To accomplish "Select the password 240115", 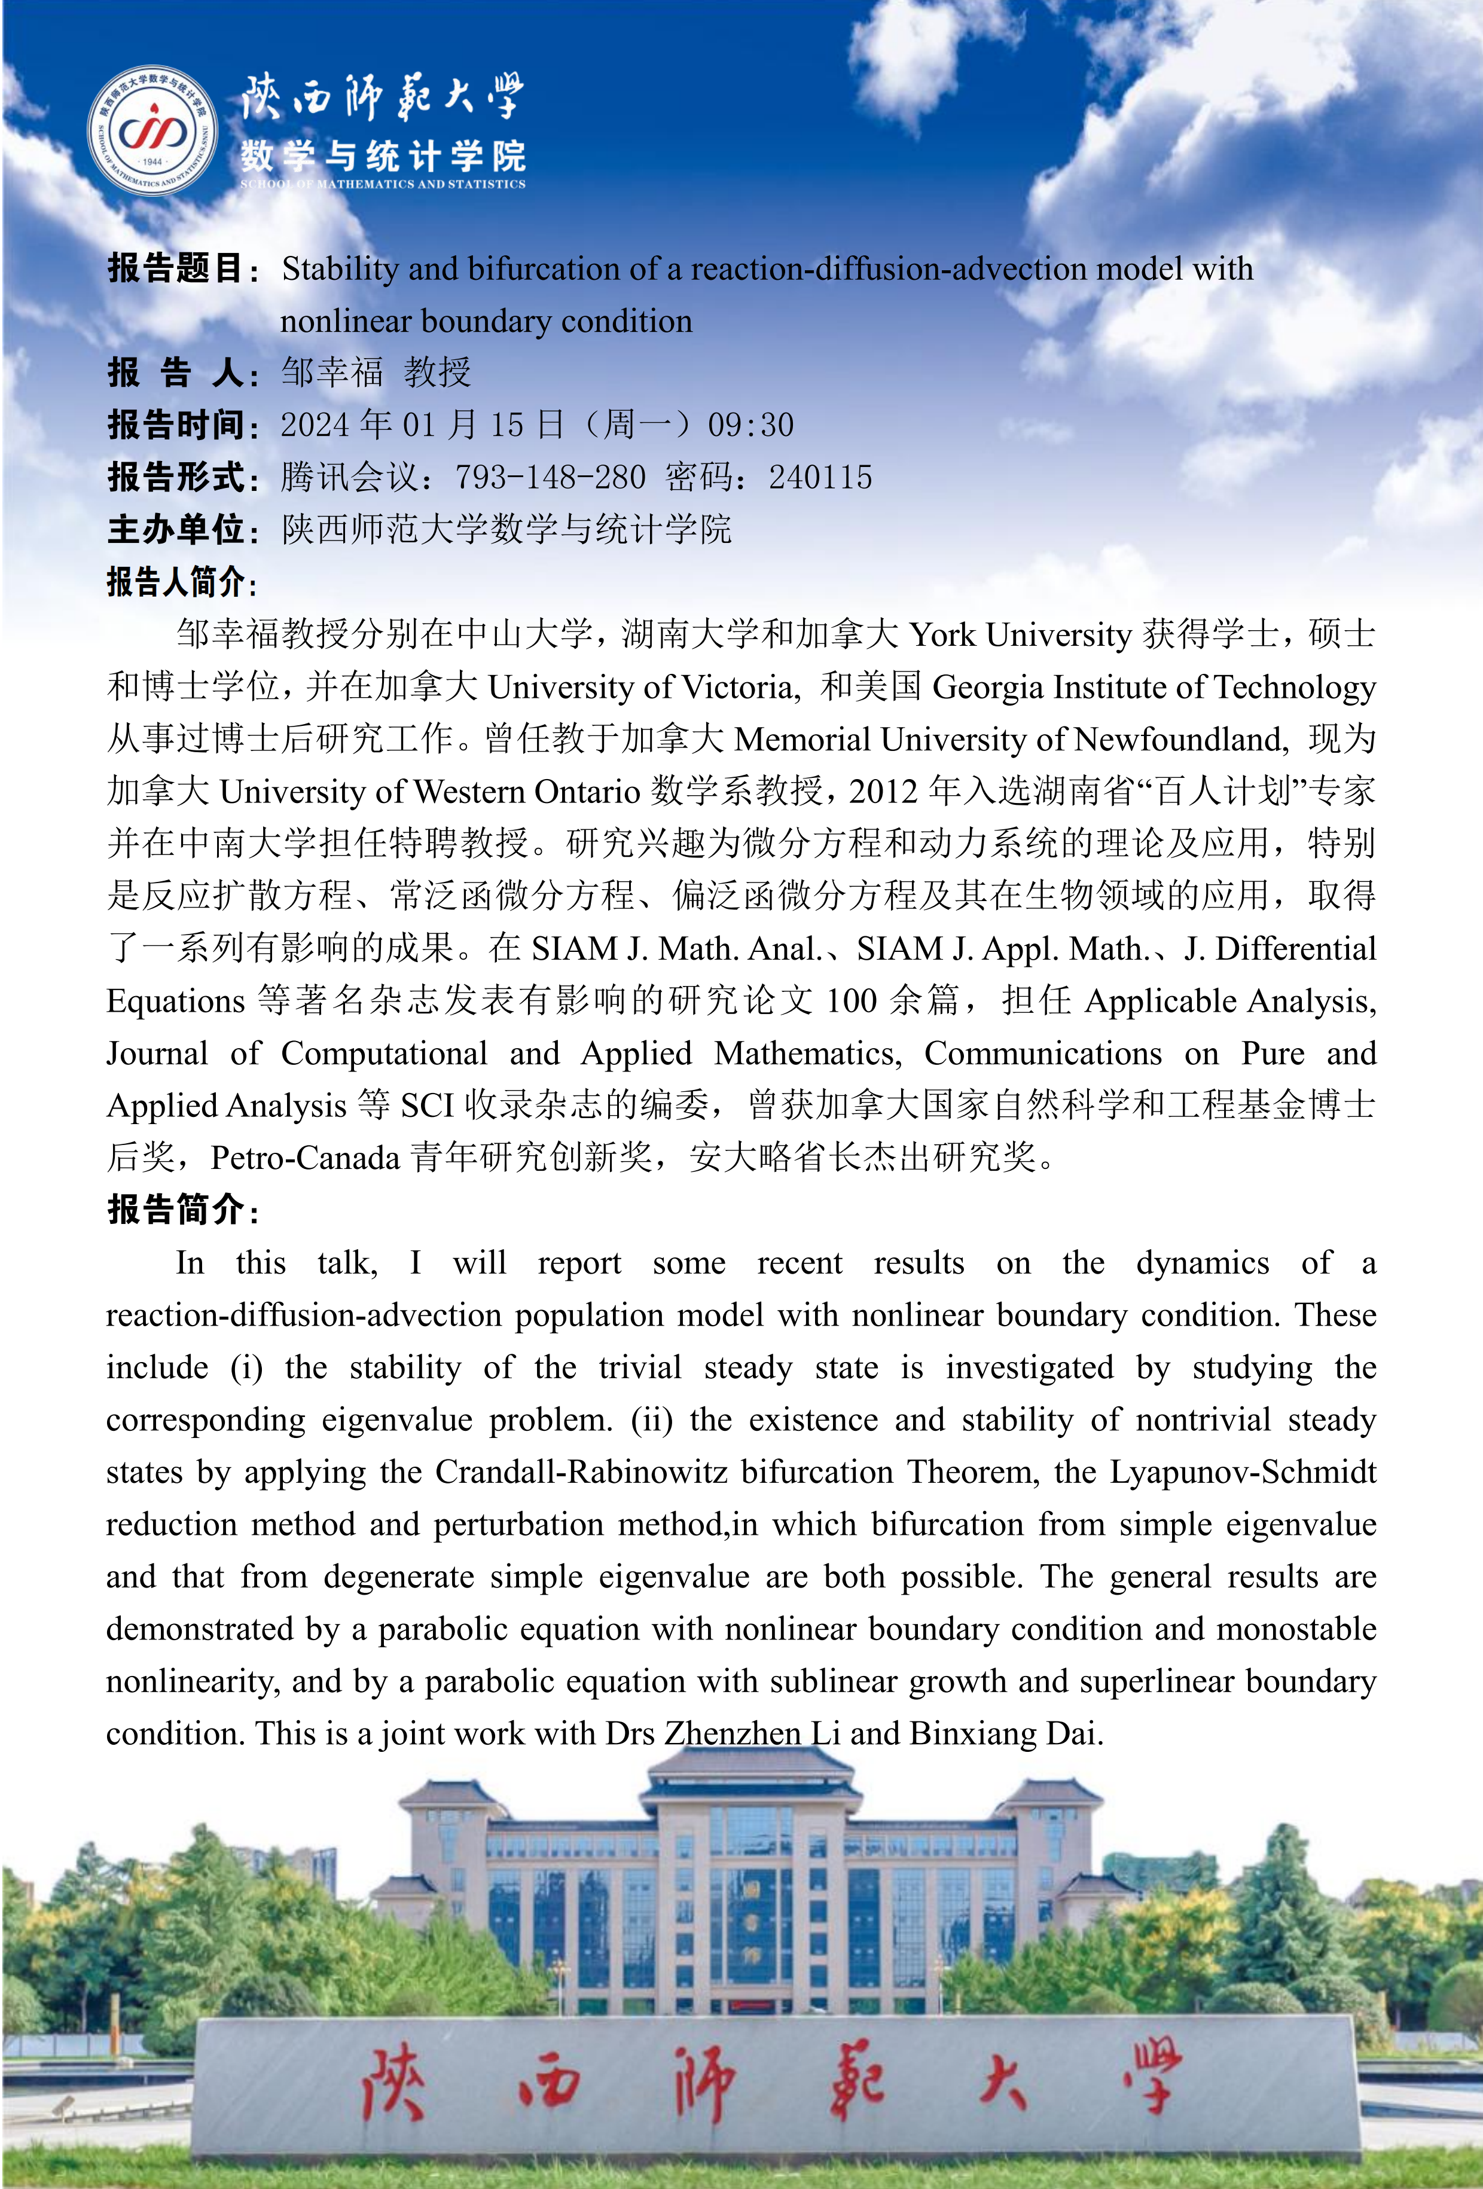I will click(x=820, y=478).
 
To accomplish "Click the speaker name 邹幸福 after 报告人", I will click(x=332, y=373).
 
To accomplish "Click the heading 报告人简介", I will click(x=176, y=582).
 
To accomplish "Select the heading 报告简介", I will click(x=176, y=1210).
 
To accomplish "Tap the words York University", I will click(x=1020, y=635).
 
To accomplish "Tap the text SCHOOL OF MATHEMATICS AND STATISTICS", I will click(x=383, y=185).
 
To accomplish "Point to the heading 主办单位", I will click(x=176, y=529).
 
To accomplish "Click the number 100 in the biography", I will click(x=851, y=1000).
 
